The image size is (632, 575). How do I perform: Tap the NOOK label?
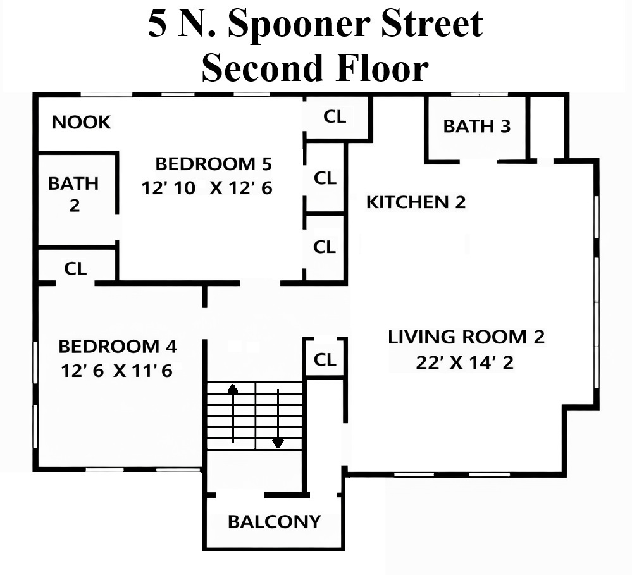pyautogui.click(x=82, y=122)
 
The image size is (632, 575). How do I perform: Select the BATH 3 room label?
pyautogui.click(x=477, y=126)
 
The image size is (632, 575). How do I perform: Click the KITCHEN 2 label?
pyautogui.click(x=416, y=202)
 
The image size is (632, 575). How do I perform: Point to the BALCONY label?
pyautogui.click(x=274, y=522)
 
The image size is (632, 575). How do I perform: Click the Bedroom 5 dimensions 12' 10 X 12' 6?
pyautogui.click(x=207, y=188)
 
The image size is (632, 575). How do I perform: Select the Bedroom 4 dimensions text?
pyautogui.click(x=116, y=371)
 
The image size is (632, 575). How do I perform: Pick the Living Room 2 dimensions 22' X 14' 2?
pyautogui.click(x=465, y=362)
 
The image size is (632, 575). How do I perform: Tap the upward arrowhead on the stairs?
pyautogui.click(x=233, y=388)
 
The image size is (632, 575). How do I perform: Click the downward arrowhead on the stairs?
pyautogui.click(x=278, y=443)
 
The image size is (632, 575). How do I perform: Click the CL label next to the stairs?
pyautogui.click(x=325, y=359)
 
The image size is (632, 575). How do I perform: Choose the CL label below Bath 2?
pyautogui.click(x=75, y=268)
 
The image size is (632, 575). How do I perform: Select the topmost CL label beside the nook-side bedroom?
pyautogui.click(x=335, y=117)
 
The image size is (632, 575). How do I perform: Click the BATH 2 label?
pyautogui.click(x=73, y=194)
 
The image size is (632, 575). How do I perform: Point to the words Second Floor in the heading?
pyautogui.click(x=315, y=67)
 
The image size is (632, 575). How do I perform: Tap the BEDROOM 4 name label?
pyautogui.click(x=118, y=347)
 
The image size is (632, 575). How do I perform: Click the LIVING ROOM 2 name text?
pyautogui.click(x=466, y=337)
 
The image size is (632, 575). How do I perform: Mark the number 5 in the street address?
pyautogui.click(x=157, y=23)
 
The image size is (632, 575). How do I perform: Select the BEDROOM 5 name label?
pyautogui.click(x=214, y=164)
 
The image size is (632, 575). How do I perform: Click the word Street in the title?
pyautogui.click(x=432, y=23)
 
